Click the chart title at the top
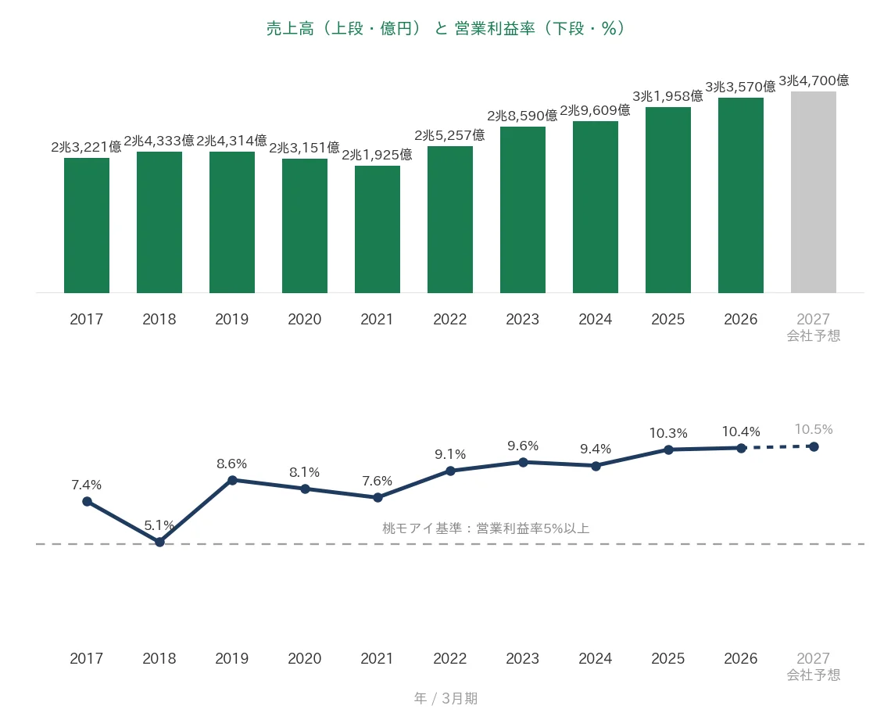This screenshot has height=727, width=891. (445, 28)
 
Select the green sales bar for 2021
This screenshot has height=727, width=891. (378, 230)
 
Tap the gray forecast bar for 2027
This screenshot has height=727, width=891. (813, 192)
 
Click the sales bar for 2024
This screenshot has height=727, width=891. (596, 207)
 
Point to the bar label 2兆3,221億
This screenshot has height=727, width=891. (87, 147)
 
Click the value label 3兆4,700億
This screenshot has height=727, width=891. (814, 81)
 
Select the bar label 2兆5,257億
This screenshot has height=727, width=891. (449, 135)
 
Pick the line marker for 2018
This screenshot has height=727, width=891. (159, 543)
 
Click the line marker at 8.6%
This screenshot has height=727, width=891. (232, 480)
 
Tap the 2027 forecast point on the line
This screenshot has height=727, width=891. (814, 447)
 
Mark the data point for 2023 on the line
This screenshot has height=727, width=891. (524, 463)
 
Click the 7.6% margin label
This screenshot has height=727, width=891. (378, 481)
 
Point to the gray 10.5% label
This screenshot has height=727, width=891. (814, 429)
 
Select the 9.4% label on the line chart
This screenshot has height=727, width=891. (596, 449)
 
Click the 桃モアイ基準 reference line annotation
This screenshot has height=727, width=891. (486, 528)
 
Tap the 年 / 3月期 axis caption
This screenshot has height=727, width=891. (445, 698)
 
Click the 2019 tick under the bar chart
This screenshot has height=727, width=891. (232, 320)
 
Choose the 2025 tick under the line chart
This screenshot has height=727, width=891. (668, 658)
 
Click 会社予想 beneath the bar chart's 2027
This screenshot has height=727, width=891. (813, 336)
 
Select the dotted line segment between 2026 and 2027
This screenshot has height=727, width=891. (778, 447)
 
